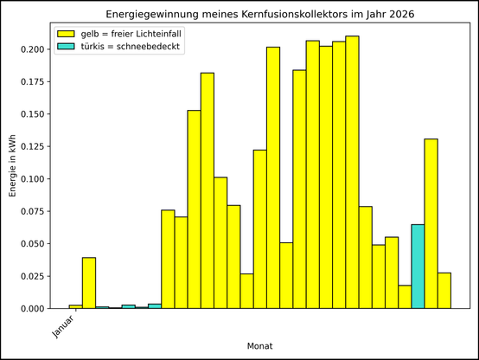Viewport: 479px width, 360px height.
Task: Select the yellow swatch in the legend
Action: click(x=66, y=33)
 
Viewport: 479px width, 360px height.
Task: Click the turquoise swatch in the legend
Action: click(x=66, y=47)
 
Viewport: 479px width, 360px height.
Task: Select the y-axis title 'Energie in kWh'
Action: click(x=13, y=164)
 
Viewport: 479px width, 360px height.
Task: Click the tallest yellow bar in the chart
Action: click(x=352, y=172)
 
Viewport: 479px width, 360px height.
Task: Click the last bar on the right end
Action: click(x=444, y=291)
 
